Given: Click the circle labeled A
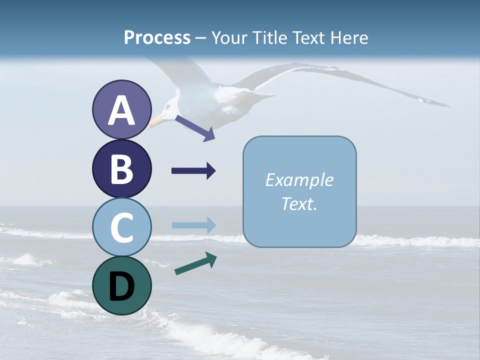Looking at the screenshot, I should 121,110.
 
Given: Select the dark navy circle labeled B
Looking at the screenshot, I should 121,169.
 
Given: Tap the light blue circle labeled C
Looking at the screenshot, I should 121,227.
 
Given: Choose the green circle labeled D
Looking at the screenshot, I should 121,285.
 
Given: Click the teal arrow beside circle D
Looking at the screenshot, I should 195,264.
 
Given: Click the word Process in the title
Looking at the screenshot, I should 157,37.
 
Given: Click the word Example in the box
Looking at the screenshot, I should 299,180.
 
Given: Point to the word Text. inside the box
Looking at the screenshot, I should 299,203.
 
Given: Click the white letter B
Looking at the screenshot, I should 121,169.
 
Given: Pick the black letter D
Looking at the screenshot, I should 121,286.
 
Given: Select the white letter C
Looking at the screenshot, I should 121,227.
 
